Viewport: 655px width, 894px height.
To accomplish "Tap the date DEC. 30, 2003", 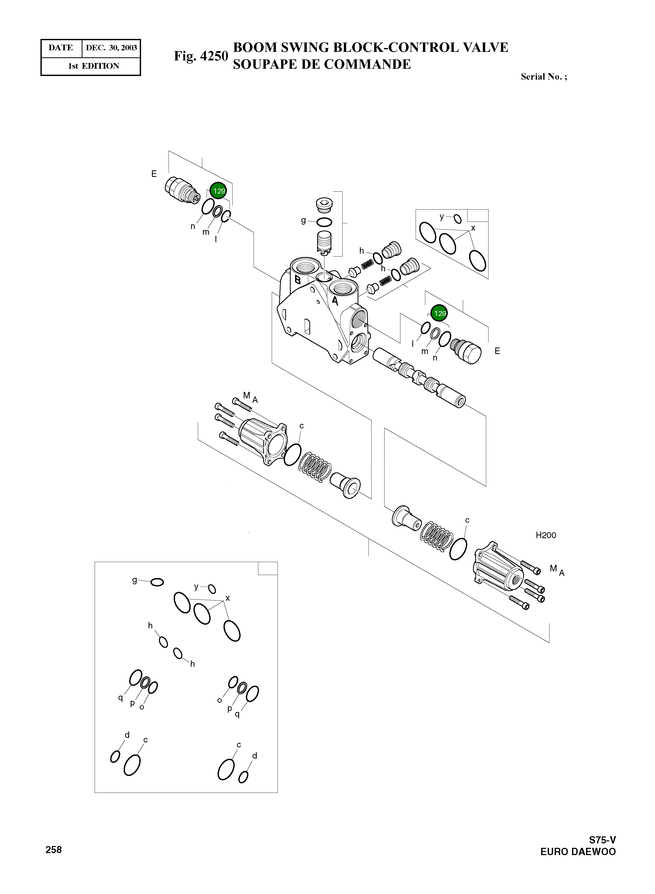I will [x=112, y=48].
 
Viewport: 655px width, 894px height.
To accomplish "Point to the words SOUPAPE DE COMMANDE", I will [x=322, y=64].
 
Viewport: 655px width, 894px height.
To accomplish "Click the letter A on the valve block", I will [x=335, y=301].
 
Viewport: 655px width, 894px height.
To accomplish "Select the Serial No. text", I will [x=543, y=77].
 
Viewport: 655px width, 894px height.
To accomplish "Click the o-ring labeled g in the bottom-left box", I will [x=157, y=582].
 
